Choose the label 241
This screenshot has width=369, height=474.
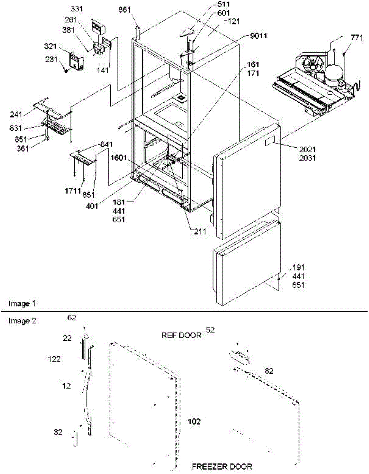click(17, 116)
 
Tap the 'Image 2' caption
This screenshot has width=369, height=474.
click(23, 321)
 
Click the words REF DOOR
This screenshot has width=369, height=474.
click(181, 335)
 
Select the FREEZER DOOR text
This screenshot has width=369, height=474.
click(222, 467)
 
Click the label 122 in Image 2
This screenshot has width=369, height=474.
click(53, 359)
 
